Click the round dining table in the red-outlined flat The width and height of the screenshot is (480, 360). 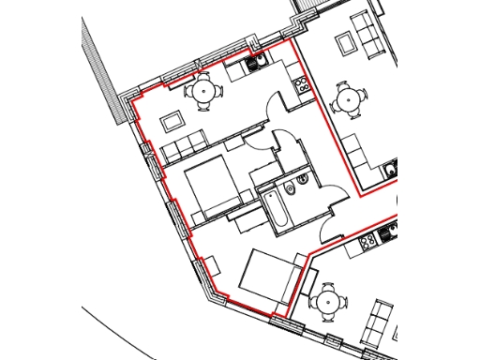point(202,92)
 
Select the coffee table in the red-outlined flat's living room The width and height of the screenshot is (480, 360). point(172,121)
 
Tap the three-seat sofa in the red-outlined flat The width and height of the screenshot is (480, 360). point(185,145)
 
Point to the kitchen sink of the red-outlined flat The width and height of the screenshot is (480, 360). point(253,63)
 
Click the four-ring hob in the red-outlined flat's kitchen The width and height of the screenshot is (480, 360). point(303,85)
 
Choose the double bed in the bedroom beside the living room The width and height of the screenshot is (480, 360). point(215,185)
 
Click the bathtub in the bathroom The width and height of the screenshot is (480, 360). point(277,207)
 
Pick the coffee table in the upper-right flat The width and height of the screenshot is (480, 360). point(345,42)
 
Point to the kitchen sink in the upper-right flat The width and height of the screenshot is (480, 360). point(391,172)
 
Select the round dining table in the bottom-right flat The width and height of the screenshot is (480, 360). point(329,302)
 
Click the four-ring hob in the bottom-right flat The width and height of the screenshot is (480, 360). point(367,240)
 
